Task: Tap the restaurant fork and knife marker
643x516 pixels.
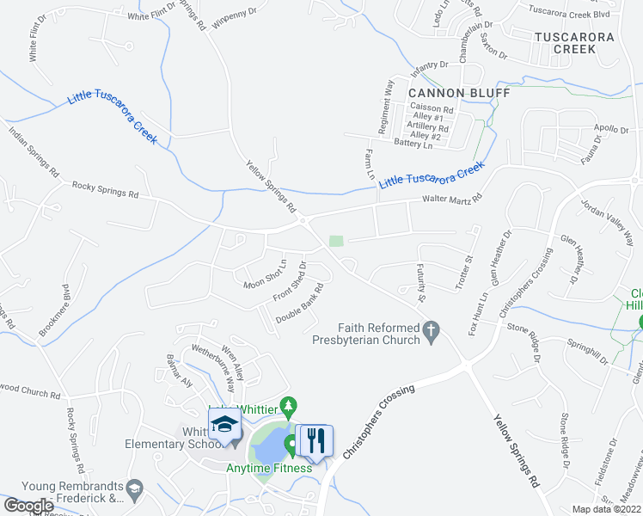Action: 314,441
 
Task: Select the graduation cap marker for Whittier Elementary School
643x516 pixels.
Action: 225,425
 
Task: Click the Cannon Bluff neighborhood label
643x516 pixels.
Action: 459,93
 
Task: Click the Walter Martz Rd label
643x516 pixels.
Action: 451,200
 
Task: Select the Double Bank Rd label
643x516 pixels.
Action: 299,303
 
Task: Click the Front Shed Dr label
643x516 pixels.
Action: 290,280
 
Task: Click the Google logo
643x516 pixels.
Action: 29,505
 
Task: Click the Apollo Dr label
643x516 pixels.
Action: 611,129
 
